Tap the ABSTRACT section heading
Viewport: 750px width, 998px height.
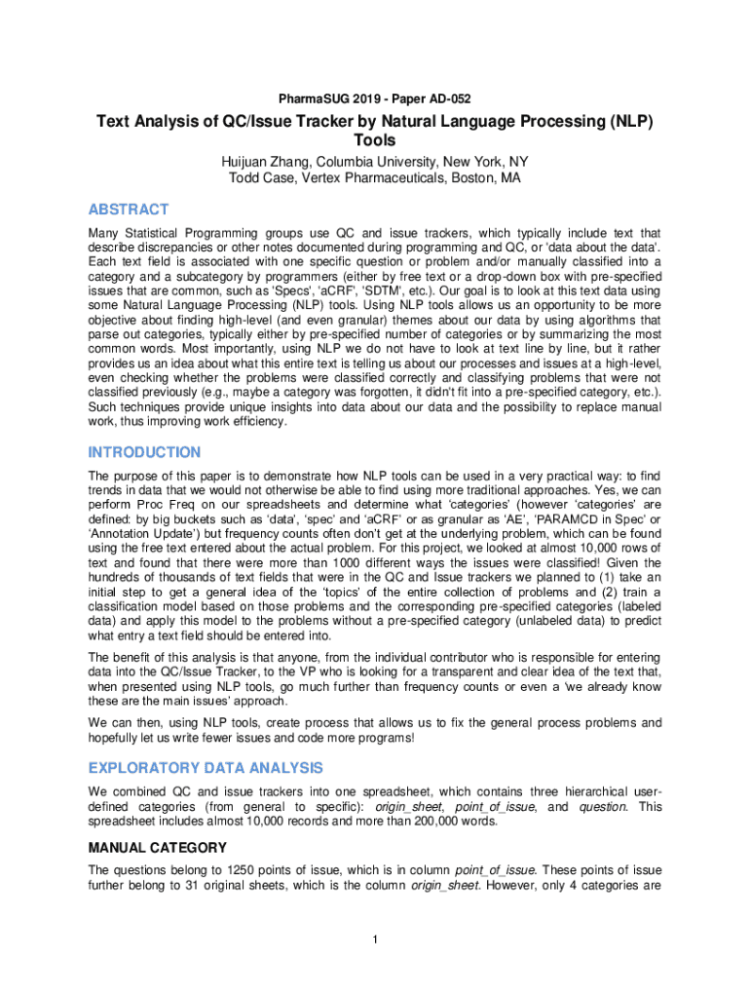click(x=129, y=210)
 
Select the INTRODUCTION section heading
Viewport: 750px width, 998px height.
click(x=144, y=452)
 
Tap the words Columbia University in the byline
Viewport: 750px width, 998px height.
click(x=372, y=161)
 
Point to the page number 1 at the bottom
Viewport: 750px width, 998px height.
click(x=375, y=940)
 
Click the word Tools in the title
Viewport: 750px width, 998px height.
click(x=375, y=141)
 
